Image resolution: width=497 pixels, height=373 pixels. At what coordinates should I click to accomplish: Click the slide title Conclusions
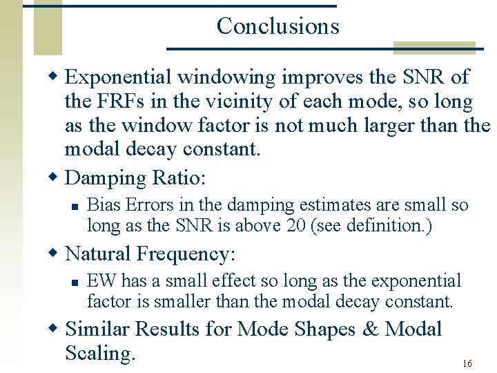(277, 26)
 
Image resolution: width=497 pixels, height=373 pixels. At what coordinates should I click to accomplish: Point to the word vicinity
(237, 102)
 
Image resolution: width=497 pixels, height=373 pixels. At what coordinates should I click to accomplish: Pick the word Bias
(103, 205)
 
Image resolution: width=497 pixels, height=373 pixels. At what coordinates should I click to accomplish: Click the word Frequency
(186, 254)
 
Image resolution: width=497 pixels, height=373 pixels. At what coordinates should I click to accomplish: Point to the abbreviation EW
(100, 281)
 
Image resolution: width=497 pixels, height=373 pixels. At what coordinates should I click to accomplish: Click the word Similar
(100, 329)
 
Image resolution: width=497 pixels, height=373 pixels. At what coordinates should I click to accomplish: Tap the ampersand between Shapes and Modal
(370, 329)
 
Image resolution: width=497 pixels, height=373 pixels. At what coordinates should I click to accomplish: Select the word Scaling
(99, 353)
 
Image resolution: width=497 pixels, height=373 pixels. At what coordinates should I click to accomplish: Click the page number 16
(467, 363)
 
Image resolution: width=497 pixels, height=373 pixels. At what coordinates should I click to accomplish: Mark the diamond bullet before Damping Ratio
(56, 178)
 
